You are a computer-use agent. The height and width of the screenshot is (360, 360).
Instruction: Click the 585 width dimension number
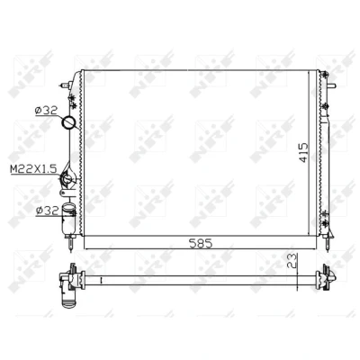[x=201, y=243]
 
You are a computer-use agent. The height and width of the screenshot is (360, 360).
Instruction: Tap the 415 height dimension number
[x=303, y=152]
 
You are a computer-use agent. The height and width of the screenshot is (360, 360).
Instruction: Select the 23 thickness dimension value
[x=292, y=260]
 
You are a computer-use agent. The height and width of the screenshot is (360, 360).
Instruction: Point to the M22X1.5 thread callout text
[x=33, y=169]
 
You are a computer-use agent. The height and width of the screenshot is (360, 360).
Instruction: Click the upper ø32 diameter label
[x=46, y=111]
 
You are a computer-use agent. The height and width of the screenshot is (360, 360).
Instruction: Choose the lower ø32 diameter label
[x=47, y=211]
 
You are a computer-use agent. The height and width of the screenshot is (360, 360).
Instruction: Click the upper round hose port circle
[x=68, y=122]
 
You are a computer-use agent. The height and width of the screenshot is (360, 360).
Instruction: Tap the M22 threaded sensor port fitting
[x=67, y=179]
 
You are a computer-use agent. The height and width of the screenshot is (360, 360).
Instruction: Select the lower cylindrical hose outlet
[x=68, y=219]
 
